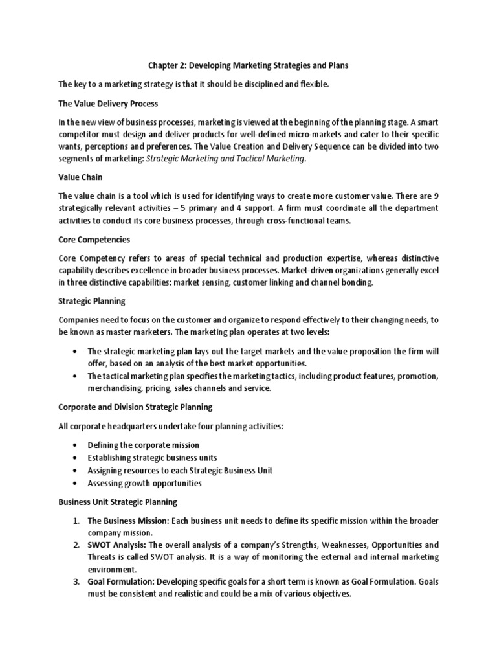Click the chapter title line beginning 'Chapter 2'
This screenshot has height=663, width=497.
coord(248,66)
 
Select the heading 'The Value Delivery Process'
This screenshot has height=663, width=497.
coord(108,104)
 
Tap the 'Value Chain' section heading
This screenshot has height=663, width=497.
coord(80,177)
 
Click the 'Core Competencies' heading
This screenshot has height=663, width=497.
coord(94,238)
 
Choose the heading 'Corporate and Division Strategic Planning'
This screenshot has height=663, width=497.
coord(136,407)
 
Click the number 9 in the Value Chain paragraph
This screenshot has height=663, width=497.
coord(436,196)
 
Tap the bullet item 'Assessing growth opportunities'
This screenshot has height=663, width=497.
coord(144,483)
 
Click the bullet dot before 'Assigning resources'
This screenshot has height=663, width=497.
coord(75,471)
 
